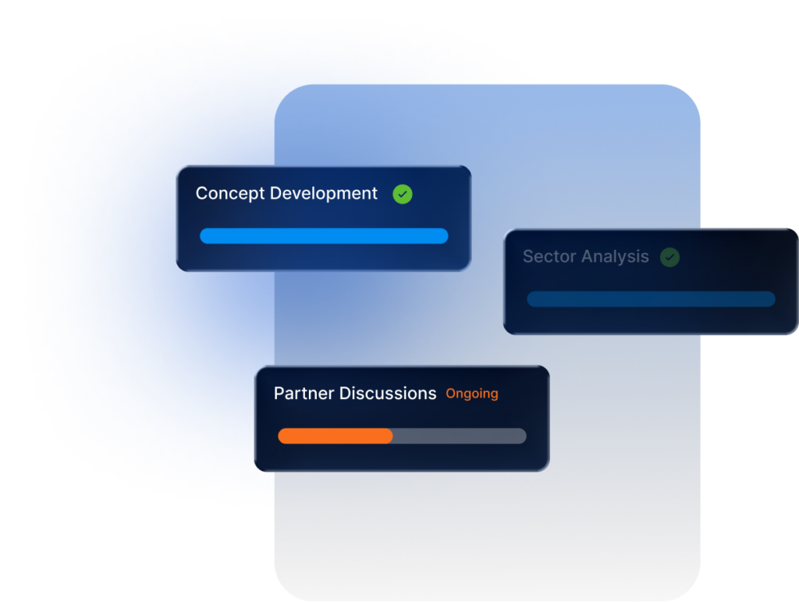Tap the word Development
[324, 194]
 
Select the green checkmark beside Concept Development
[403, 194]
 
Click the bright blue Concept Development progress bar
[324, 236]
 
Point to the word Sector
[549, 256]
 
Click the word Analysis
[615, 257]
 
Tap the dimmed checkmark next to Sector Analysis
[669, 258]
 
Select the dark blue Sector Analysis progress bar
[652, 299]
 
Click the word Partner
[304, 394]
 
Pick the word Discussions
[388, 394]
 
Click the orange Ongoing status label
[472, 394]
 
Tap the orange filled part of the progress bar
[336, 436]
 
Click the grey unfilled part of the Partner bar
[460, 436]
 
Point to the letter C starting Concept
[202, 194]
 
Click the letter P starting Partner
[279, 394]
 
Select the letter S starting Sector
[528, 256]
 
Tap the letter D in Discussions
[346, 394]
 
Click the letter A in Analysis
[588, 256]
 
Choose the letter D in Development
[276, 193]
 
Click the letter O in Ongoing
[452, 394]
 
